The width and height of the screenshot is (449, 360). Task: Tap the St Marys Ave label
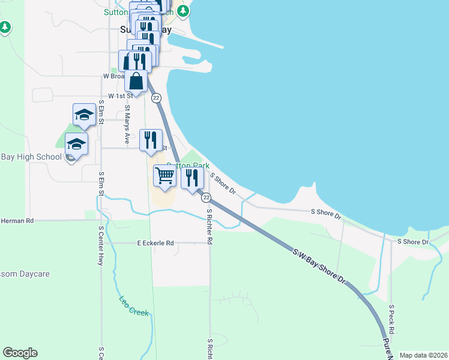click(127, 125)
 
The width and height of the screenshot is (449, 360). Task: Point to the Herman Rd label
click(17, 221)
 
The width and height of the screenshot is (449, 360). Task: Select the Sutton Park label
click(188, 166)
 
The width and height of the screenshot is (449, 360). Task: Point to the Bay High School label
click(31, 157)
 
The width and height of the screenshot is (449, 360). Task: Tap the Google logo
click(20, 353)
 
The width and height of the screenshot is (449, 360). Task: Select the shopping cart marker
click(164, 176)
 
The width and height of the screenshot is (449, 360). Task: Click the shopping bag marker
click(136, 80)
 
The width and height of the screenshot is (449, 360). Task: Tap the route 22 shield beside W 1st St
click(156, 98)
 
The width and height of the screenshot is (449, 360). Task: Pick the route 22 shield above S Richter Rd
click(206, 197)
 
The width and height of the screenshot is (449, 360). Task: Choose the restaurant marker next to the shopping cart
click(191, 178)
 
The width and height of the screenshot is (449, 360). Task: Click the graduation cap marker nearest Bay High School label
click(77, 144)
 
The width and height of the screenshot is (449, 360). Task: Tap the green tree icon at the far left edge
click(5, 27)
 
